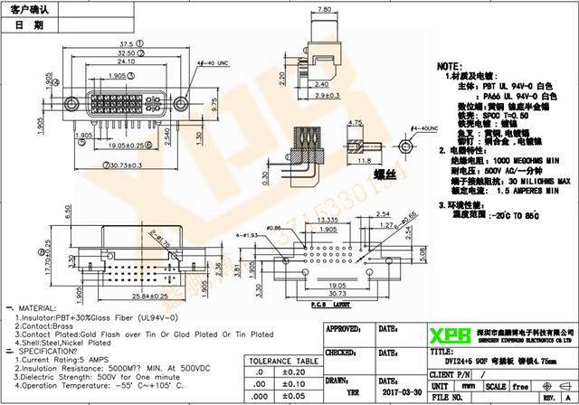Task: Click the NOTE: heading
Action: [450, 67]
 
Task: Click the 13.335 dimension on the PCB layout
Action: [328, 218]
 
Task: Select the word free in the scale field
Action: [520, 384]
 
